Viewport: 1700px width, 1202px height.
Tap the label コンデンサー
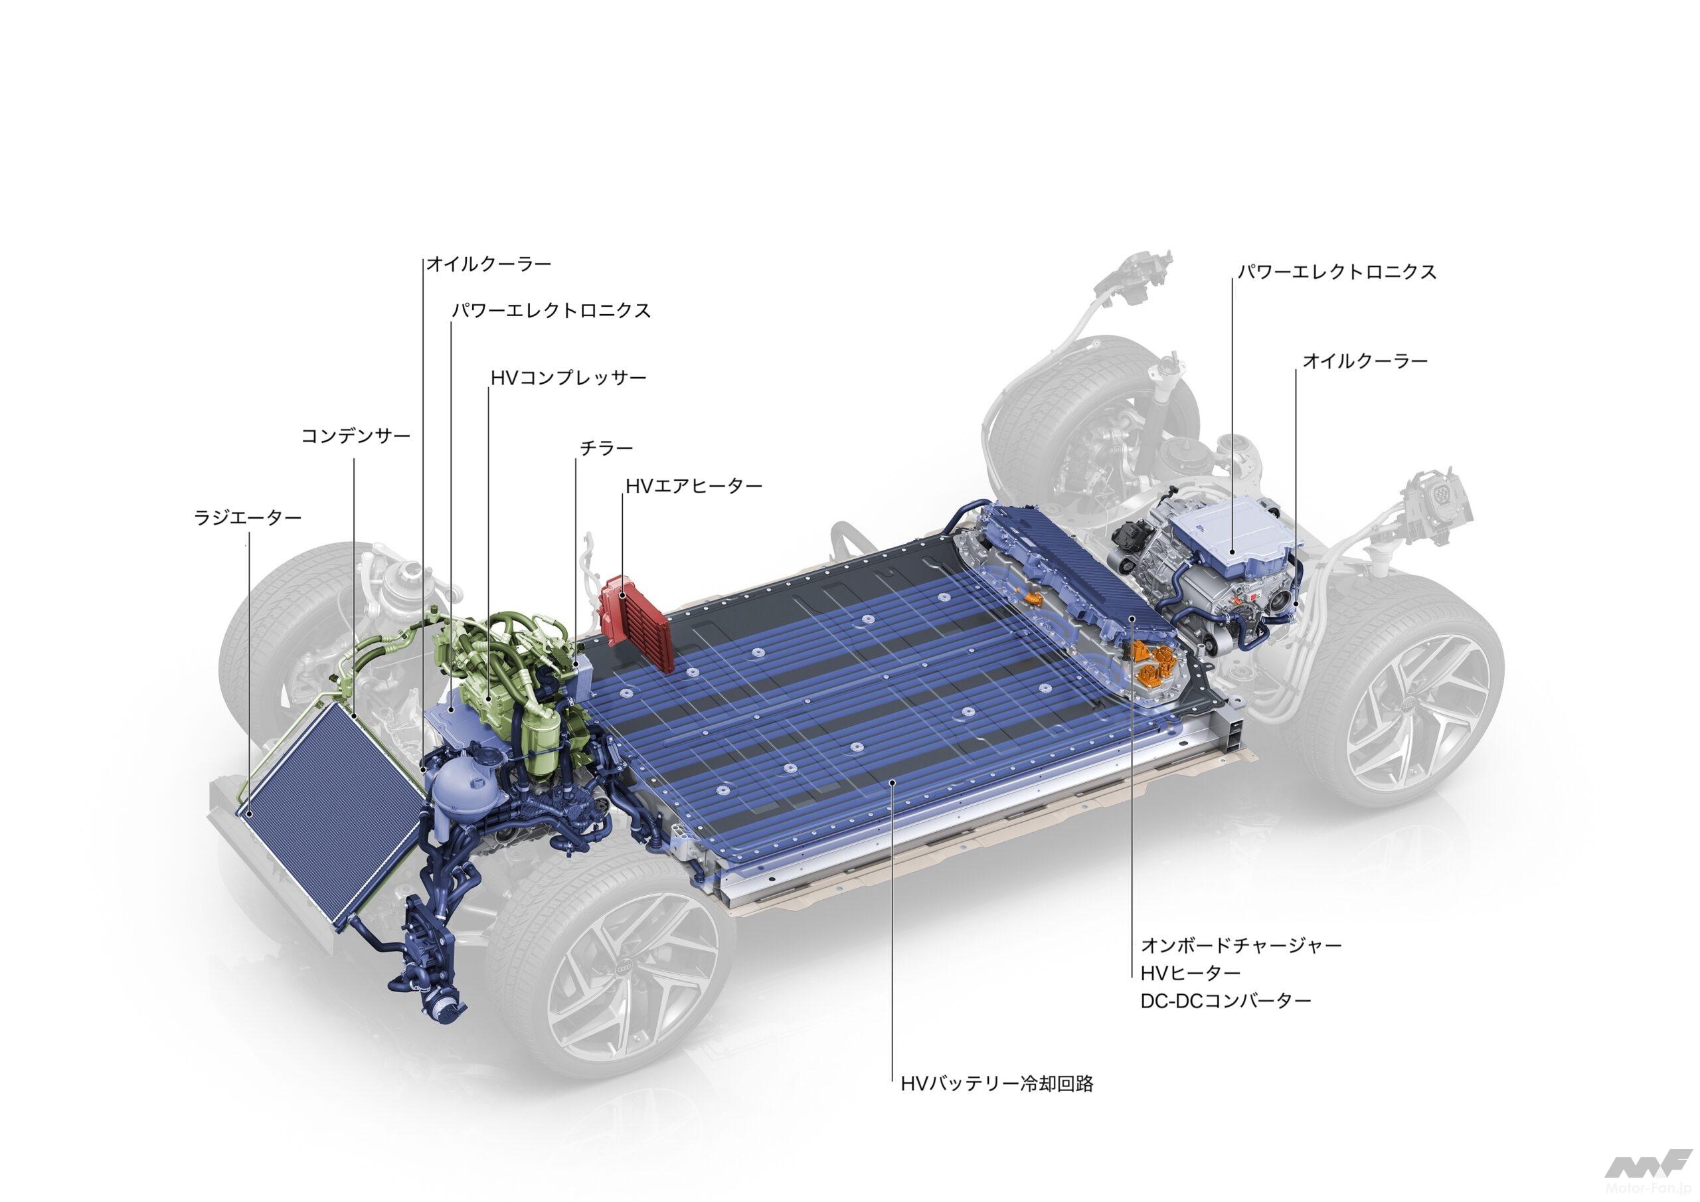click(x=355, y=436)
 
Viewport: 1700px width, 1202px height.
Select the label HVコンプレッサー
click(x=568, y=378)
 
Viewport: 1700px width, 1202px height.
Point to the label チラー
click(x=606, y=448)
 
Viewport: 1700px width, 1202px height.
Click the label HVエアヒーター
click(x=693, y=486)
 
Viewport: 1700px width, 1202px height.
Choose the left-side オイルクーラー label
click(x=489, y=264)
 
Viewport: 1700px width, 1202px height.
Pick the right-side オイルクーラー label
click(x=1365, y=361)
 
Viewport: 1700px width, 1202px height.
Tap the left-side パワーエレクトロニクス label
click(x=551, y=310)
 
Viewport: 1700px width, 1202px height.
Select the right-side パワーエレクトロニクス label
click(x=1337, y=272)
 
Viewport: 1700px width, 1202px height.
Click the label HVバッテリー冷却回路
click(x=997, y=1084)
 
